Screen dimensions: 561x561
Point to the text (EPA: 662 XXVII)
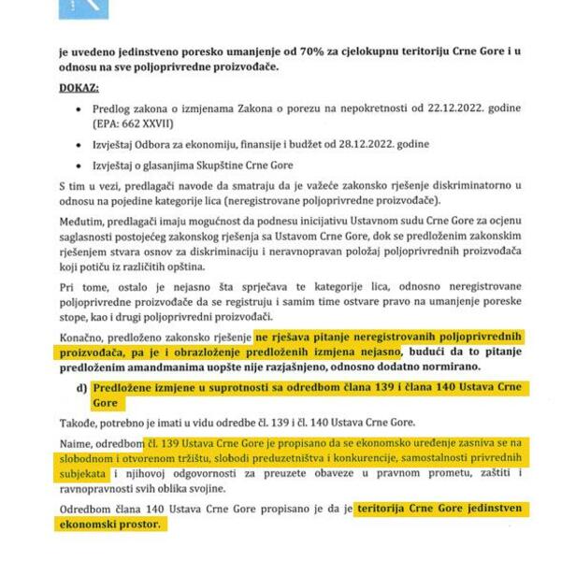pyautogui.click(x=134, y=123)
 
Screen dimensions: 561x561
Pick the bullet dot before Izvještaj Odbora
pyautogui.click(x=81, y=145)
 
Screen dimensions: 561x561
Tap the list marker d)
pyautogui.click(x=81, y=388)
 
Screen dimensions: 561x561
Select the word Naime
pyautogui.click(x=75, y=442)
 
